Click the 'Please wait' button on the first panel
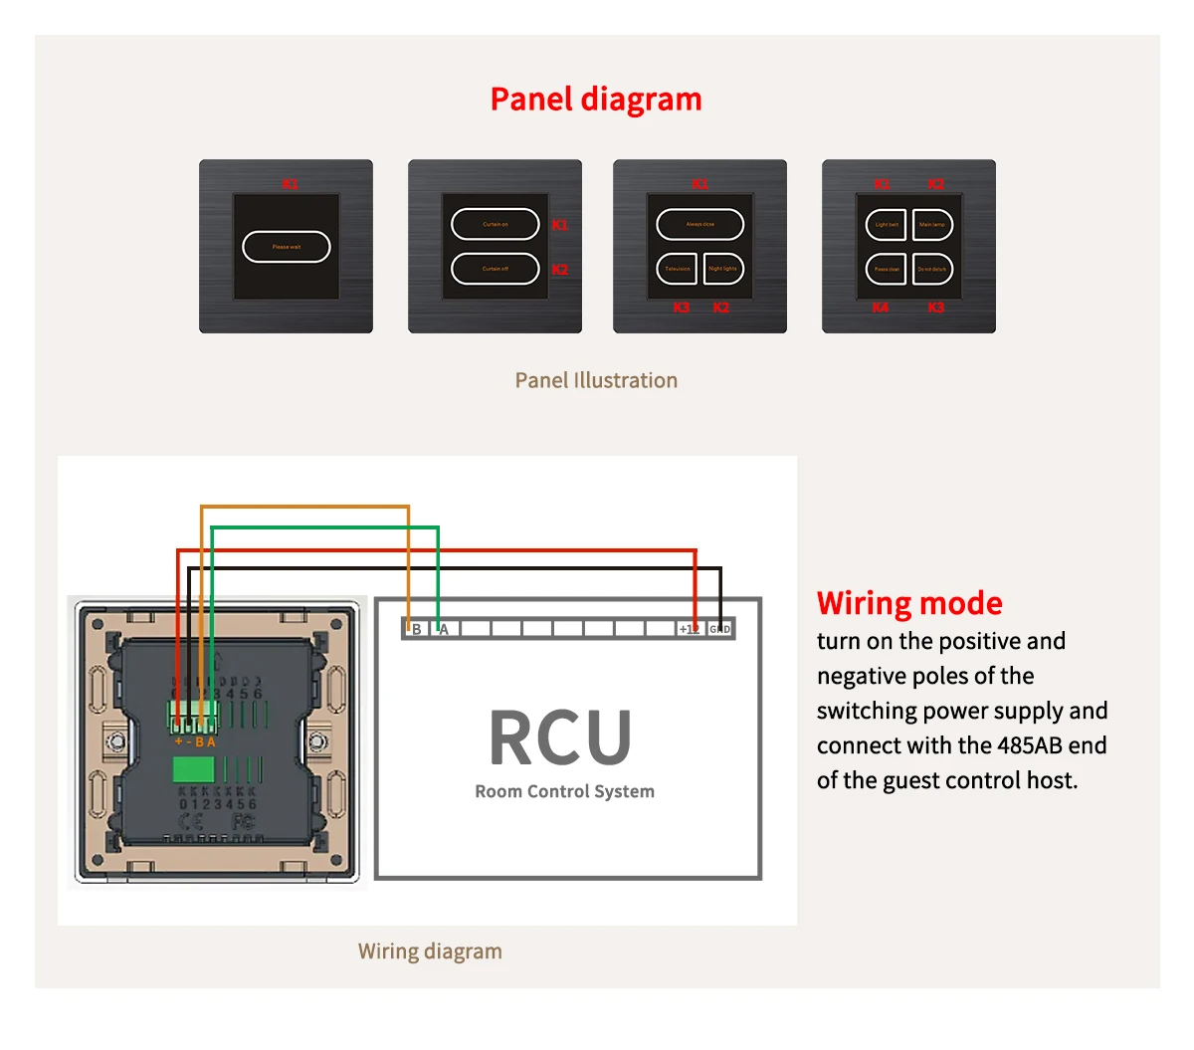(287, 247)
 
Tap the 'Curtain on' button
(496, 225)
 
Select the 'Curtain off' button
(496, 269)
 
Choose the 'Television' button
(677, 269)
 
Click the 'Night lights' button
(723, 269)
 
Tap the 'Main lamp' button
(932, 225)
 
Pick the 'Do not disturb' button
(932, 269)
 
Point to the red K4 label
(881, 308)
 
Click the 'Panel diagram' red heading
(596, 100)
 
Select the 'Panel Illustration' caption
(596, 380)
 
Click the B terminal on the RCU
(416, 629)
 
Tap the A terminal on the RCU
(445, 629)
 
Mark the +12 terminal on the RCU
(689, 629)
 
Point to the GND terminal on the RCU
(719, 629)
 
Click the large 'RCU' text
(561, 737)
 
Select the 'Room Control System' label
(564, 791)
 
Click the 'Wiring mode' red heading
(909, 603)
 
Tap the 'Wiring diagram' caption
(430, 951)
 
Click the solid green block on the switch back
(194, 769)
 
